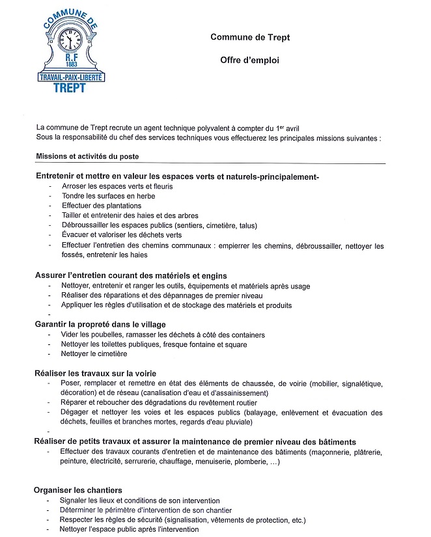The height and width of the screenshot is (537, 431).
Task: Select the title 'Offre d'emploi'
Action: click(x=249, y=60)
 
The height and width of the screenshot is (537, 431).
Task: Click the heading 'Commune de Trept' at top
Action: click(x=250, y=37)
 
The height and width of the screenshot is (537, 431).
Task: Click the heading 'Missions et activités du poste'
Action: click(x=87, y=156)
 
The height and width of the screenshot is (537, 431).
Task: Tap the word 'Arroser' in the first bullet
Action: click(x=74, y=186)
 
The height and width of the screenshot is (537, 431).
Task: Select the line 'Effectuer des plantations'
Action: click(x=101, y=206)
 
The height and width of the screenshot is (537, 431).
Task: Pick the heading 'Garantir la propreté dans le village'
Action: click(x=100, y=324)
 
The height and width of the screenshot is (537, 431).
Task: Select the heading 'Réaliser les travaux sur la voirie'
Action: click(x=95, y=374)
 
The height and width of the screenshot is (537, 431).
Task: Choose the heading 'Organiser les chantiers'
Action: click(x=78, y=490)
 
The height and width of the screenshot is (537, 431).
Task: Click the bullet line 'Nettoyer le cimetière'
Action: click(x=94, y=354)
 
